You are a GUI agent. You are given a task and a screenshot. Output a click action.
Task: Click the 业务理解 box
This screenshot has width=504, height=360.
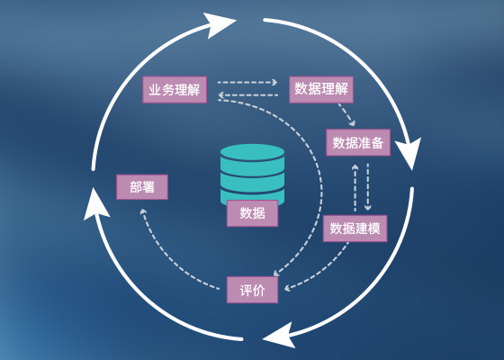pos(175,90)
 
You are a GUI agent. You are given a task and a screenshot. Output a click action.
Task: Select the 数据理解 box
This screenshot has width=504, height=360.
pos(321,90)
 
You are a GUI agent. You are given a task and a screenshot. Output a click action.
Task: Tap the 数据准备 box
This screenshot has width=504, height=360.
pos(358,142)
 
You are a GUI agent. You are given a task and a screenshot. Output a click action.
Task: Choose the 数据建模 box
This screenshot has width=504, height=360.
pos(355,229)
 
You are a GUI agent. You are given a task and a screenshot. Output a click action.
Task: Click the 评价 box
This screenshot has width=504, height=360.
pos(252,290)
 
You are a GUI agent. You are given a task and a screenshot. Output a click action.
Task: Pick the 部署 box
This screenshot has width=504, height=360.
pos(142,187)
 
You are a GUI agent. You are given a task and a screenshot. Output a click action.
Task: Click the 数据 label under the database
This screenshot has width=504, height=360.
pos(252,213)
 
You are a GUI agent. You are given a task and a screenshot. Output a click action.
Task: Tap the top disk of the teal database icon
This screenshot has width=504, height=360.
pos(252,152)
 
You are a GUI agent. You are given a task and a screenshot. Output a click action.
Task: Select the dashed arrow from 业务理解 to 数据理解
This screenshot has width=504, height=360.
pos(247,82)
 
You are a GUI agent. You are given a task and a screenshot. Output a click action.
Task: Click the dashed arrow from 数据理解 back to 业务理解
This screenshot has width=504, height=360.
pos(247,95)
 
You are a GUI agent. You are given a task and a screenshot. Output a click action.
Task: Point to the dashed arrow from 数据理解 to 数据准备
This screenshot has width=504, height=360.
pos(346,114)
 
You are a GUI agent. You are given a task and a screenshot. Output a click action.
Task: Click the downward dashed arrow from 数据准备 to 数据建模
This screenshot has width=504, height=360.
pos(368,187)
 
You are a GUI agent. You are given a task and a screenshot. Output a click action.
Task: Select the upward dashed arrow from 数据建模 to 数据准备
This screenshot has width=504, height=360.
pos(355,188)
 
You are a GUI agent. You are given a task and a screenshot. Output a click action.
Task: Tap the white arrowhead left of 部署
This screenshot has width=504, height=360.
pos(95,204)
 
